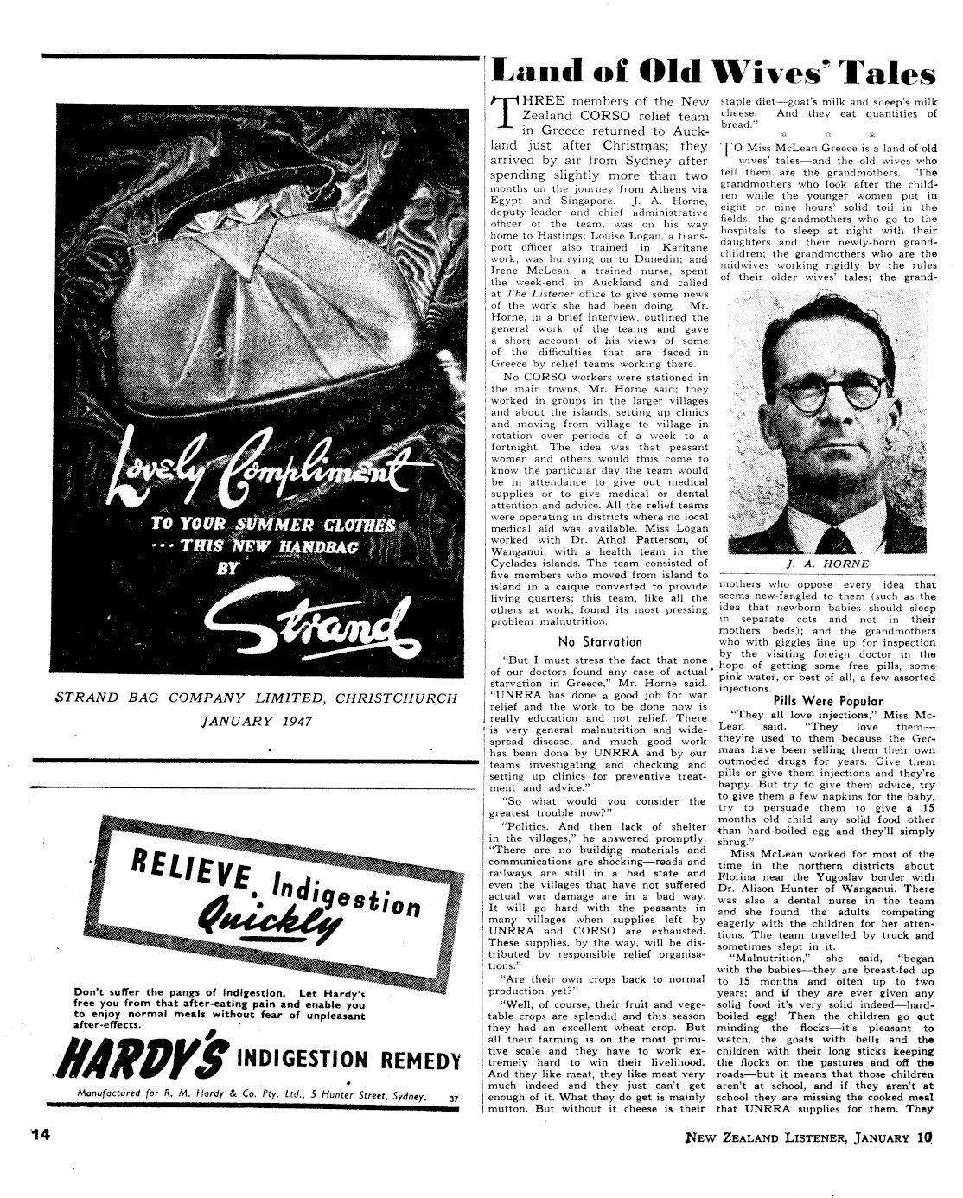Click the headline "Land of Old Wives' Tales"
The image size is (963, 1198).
coord(713,73)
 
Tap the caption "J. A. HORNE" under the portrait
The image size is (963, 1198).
coord(815,563)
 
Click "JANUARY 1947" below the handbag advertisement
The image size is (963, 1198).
coord(256,720)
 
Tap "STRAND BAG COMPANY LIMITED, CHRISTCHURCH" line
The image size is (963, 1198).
coord(256,697)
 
